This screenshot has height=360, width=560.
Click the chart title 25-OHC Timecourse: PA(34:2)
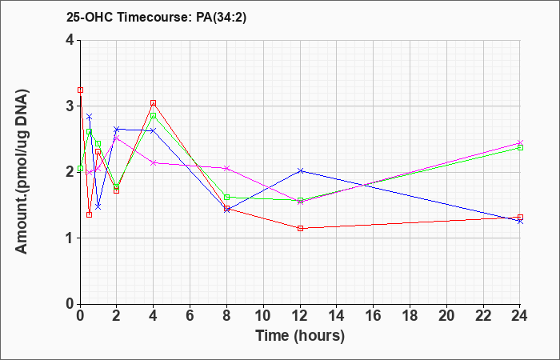point(156,18)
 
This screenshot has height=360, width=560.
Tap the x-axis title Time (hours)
point(300,336)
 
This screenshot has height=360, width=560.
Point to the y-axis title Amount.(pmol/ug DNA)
point(22,171)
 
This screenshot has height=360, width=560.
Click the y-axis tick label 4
point(70,40)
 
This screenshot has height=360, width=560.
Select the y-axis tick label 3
point(70,106)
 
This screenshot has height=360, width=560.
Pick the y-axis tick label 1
point(70,238)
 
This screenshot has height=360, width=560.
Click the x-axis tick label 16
point(374,316)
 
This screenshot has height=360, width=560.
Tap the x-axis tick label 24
point(520,316)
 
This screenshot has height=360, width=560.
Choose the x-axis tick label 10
point(263,316)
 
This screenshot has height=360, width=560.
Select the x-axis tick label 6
point(190,316)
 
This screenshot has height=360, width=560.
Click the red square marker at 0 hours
point(80,90)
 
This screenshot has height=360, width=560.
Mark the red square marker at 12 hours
point(300,228)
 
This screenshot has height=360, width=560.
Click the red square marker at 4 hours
point(154,103)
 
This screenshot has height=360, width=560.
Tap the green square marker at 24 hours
point(520,147)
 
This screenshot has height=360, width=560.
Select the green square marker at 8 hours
point(226,197)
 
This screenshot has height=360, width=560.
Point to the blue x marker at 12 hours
point(300,171)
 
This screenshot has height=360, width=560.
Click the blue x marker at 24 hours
point(520,222)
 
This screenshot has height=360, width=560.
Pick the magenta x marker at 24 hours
point(520,143)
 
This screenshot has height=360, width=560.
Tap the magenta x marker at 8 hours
point(226,168)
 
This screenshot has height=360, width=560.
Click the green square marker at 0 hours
point(80,168)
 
